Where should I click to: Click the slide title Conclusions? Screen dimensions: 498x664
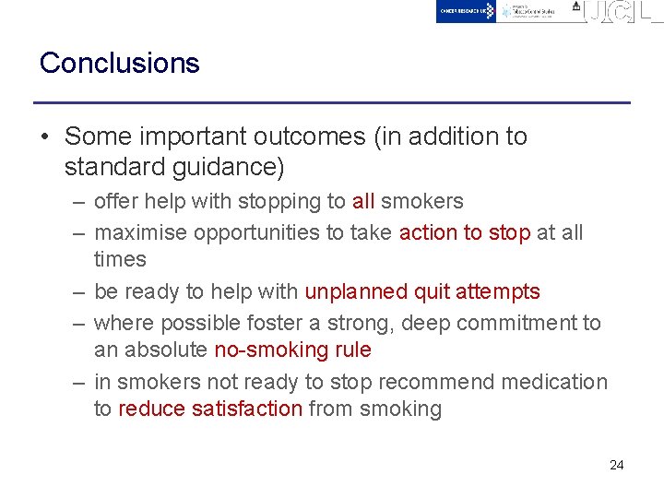pos(119,63)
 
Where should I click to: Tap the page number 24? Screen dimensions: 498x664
pos(617,465)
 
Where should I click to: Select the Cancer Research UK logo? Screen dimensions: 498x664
pos(467,11)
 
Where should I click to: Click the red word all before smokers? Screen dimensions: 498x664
pos(363,201)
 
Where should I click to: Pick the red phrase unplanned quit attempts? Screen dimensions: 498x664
pos(422,291)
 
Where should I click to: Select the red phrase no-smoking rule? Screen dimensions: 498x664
pos(292,350)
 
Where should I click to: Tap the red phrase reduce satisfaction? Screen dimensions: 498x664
pos(210,409)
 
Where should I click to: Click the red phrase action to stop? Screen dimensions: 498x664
pos(465,232)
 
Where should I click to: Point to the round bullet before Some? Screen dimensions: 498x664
pos(45,136)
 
